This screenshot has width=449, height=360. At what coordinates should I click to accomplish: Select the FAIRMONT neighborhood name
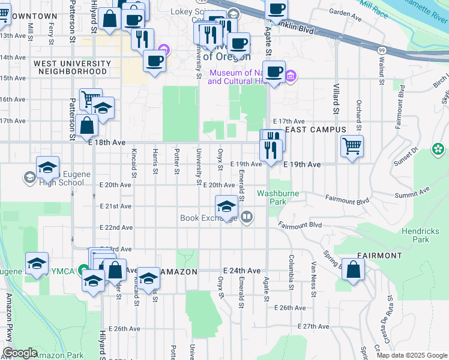pyautogui.click(x=379, y=255)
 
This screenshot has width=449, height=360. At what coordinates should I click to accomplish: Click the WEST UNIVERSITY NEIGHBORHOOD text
pyautogui.click(x=73, y=67)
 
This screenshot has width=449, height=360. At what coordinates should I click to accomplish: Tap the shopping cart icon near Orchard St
pyautogui.click(x=352, y=145)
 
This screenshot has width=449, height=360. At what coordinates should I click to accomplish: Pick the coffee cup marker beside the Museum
pyautogui.click(x=274, y=71)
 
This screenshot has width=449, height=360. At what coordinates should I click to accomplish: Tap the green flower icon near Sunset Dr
pyautogui.click(x=439, y=148)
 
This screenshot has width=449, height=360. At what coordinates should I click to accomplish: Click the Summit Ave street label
pyautogui.click(x=412, y=193)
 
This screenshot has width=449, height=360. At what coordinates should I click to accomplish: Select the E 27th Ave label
pyautogui.click(x=315, y=326)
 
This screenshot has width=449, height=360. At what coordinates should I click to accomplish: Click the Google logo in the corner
pyautogui.click(x=20, y=353)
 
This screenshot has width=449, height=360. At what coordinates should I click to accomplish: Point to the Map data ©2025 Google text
pyautogui.click(x=411, y=355)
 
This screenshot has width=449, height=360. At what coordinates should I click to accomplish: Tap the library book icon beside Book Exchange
pyautogui.click(x=246, y=217)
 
